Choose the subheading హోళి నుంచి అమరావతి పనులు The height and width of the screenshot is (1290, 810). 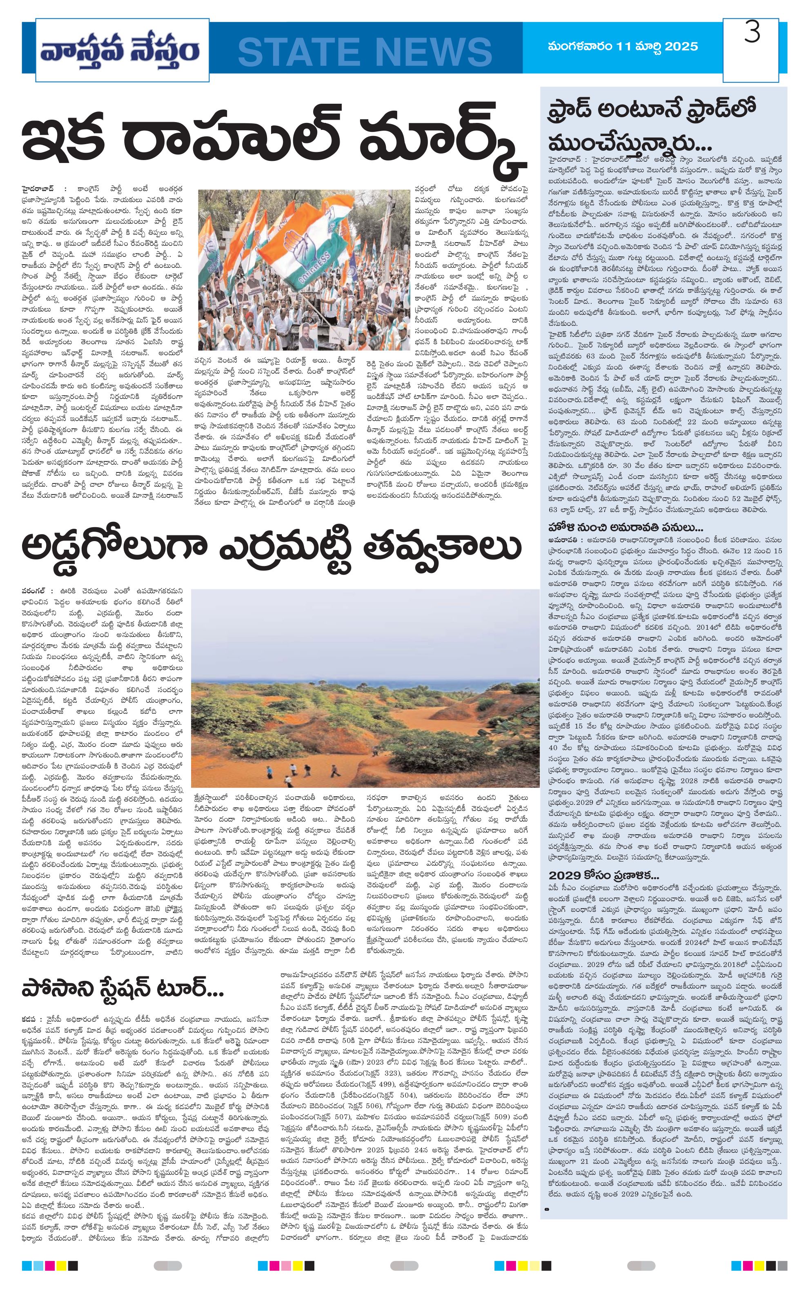pos(625,527)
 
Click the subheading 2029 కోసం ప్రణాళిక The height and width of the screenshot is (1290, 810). pos(603,876)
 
